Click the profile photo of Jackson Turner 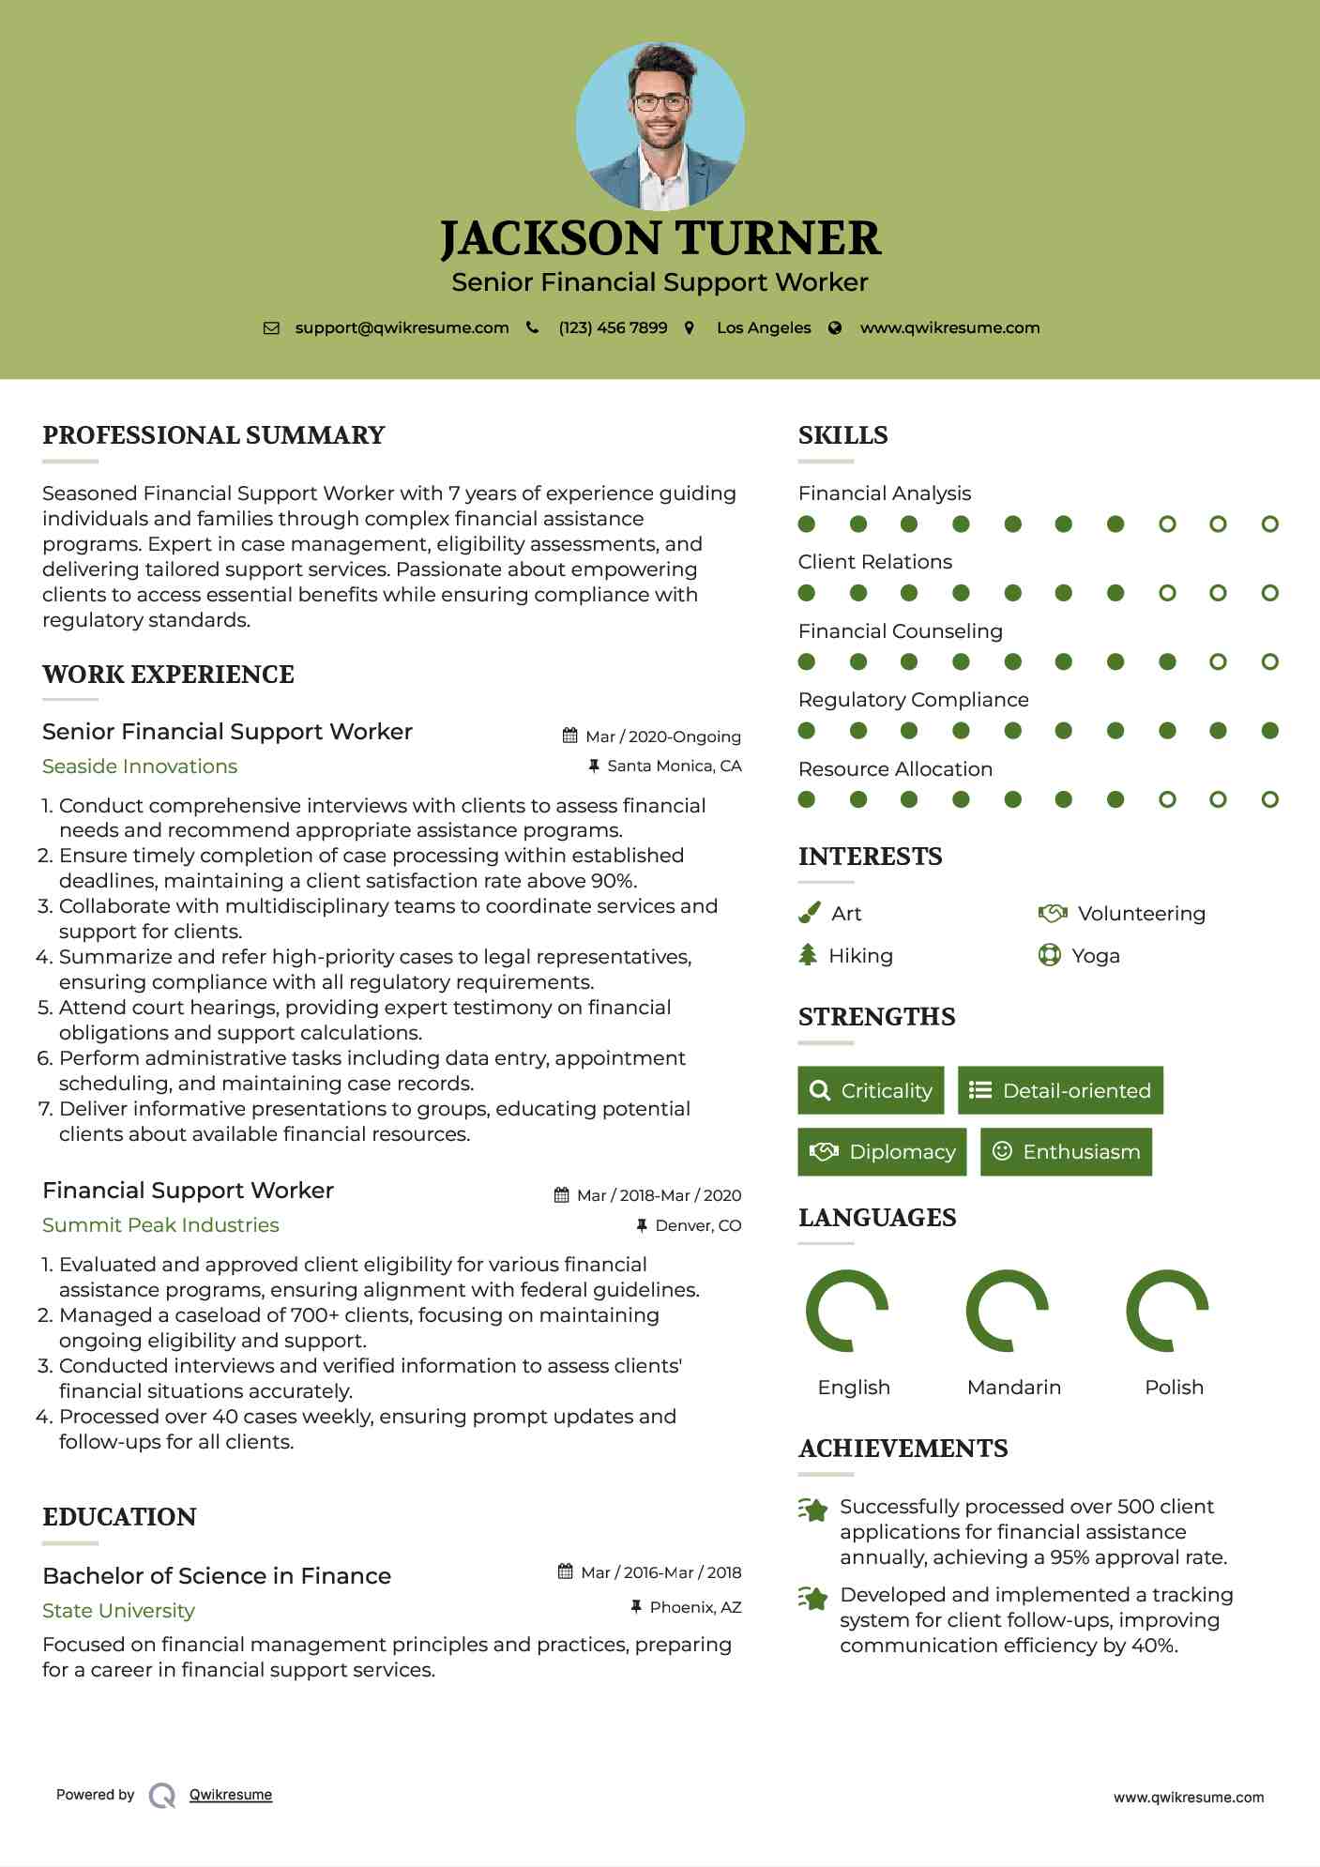click(x=660, y=126)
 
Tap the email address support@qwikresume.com click(x=402, y=328)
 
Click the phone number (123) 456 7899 click(x=613, y=328)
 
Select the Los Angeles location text click(x=764, y=328)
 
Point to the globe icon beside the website click(x=835, y=328)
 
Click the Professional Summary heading click(x=214, y=435)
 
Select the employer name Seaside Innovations click(x=140, y=767)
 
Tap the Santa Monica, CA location click(x=674, y=767)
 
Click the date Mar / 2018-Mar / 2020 click(x=659, y=1195)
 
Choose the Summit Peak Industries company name click(x=160, y=1225)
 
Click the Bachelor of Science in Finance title click(x=217, y=1576)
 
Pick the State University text click(x=118, y=1611)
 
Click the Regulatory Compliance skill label click(x=913, y=700)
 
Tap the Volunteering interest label click(x=1141, y=914)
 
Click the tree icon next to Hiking click(x=808, y=955)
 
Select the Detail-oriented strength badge click(x=1060, y=1090)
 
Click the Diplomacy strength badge click(x=882, y=1152)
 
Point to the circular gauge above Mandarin click(x=1007, y=1311)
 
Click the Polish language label click(x=1174, y=1388)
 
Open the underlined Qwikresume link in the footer click(x=231, y=1795)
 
